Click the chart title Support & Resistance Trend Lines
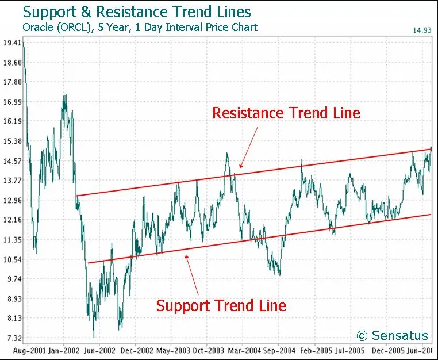click(137, 12)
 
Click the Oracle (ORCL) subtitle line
click(140, 28)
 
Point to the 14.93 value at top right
click(422, 30)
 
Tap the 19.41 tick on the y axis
click(12, 43)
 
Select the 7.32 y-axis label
click(12, 338)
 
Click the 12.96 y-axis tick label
click(12, 200)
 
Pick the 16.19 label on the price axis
click(12, 121)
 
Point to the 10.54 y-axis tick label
click(12, 260)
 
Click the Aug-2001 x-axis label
click(30, 350)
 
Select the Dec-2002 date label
click(137, 350)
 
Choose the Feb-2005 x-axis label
click(316, 350)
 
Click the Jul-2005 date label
click(350, 350)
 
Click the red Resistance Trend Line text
click(286, 113)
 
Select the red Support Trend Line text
click(221, 305)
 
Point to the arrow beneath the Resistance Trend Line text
click(248, 147)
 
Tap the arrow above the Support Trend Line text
click(192, 275)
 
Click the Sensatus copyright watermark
click(392, 335)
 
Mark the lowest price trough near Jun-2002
click(94, 337)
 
